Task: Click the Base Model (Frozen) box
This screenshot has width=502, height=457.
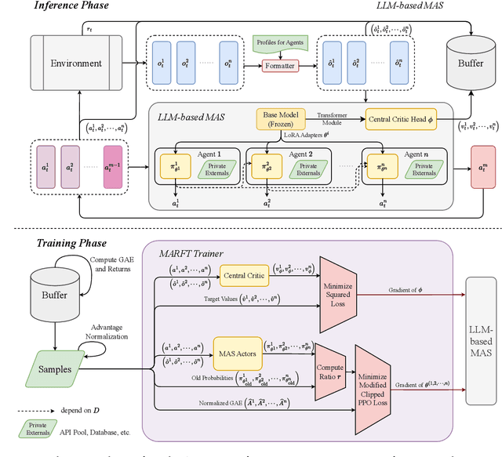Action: pos(279,119)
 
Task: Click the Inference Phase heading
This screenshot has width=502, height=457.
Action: pos(58,6)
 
